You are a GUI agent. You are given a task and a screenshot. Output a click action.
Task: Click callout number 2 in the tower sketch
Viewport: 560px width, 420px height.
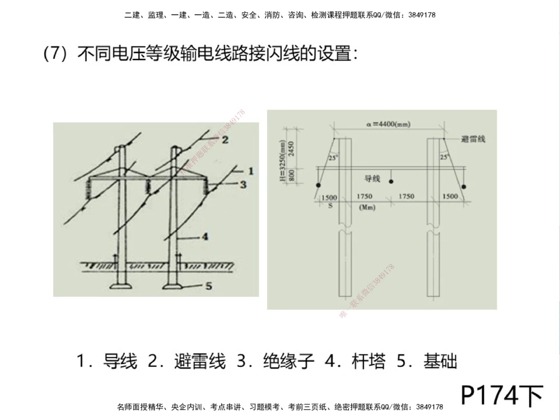click(x=225, y=140)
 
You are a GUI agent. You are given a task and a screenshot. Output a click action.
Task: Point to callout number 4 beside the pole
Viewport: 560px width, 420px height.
click(x=205, y=237)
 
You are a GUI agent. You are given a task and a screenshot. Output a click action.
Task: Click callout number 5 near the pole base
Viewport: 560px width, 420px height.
click(x=208, y=286)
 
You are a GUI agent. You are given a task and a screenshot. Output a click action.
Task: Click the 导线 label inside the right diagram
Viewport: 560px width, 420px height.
click(x=372, y=179)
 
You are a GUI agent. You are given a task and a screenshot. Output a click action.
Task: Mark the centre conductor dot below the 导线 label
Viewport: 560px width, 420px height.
click(x=391, y=181)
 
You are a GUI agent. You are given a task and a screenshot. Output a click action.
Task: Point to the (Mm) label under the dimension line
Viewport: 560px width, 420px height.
click(x=365, y=207)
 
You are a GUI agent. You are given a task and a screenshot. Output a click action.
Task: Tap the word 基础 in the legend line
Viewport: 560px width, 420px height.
click(x=441, y=362)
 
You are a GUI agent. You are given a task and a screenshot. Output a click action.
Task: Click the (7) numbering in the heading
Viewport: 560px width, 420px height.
click(x=58, y=55)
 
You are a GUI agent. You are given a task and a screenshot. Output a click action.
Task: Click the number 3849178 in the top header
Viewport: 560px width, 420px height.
click(x=419, y=15)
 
